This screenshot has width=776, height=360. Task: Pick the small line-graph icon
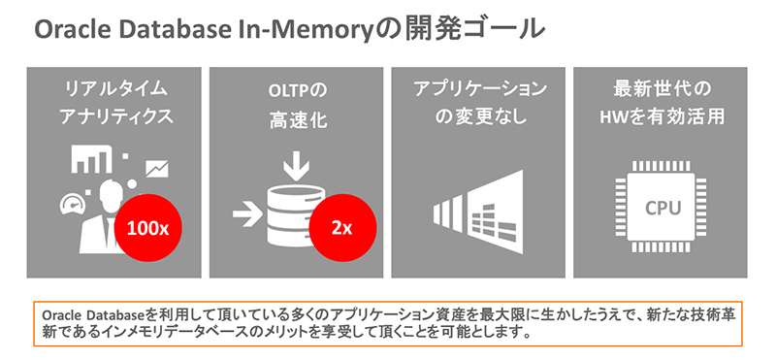[x=155, y=171]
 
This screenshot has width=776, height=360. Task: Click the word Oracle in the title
[x=67, y=30]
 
